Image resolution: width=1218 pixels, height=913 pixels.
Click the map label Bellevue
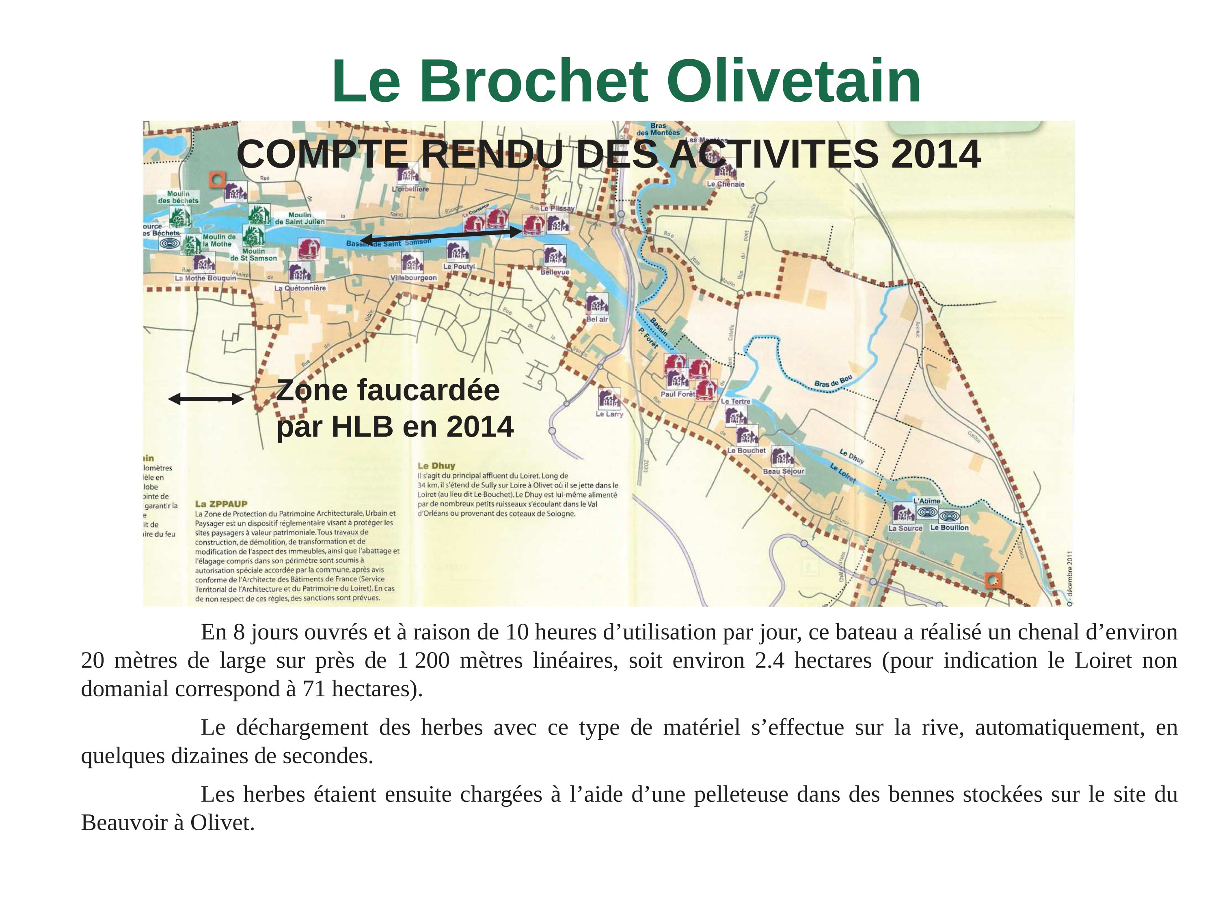point(555,272)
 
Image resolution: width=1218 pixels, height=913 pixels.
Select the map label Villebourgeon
point(414,278)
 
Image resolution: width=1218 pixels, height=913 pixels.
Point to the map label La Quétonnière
point(300,288)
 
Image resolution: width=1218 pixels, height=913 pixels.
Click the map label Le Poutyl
point(459,266)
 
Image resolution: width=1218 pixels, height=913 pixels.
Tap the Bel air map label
point(597,319)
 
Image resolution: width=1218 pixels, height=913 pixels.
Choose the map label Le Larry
point(609,414)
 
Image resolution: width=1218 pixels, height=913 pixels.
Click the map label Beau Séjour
point(784,471)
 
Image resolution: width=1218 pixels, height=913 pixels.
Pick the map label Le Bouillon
point(949,527)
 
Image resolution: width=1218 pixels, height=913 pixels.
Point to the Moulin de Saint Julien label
point(300,218)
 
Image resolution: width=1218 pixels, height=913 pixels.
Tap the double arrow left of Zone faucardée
point(206,399)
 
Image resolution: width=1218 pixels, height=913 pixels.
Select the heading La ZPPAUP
point(221,504)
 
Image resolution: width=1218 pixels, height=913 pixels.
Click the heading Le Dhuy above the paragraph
point(436,465)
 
